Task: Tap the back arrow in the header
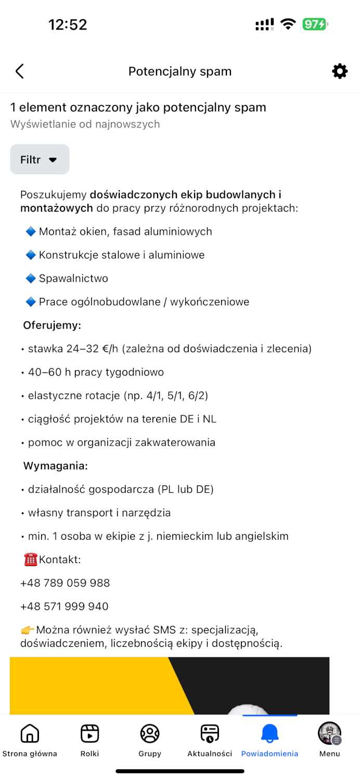coord(20,71)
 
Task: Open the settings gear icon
coord(340,71)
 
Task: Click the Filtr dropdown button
coord(40,160)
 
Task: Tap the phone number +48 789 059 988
coord(65,583)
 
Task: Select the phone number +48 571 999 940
coord(65,606)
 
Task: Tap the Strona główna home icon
coord(30,734)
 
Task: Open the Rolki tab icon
coord(89,734)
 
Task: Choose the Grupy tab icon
coord(150,734)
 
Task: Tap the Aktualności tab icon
coord(210,734)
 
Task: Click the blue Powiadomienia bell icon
coord(269,734)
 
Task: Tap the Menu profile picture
coord(329,733)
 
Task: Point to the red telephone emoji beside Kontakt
coord(31,560)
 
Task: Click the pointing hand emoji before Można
coord(28,630)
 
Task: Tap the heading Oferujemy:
coord(52,326)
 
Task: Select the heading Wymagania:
coord(55,466)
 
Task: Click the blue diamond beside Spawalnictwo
coord(31,279)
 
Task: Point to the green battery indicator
coord(315,24)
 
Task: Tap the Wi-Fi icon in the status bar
coord(288,24)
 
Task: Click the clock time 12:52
coord(68,24)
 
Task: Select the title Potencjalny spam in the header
coord(180,71)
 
